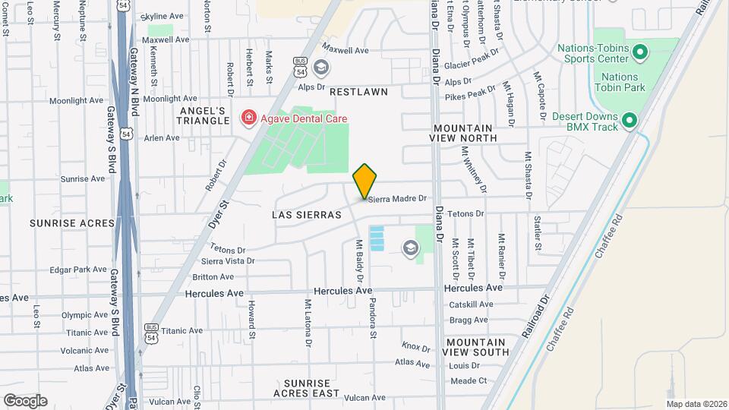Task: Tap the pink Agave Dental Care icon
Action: [x=248, y=118]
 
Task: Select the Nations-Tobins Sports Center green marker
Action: [x=639, y=52]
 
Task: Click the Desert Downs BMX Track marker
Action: [x=629, y=120]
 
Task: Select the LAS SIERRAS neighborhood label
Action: [x=307, y=215]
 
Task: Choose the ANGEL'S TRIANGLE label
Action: [x=203, y=115]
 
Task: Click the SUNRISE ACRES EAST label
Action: [x=307, y=388]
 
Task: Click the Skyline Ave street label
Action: [x=162, y=16]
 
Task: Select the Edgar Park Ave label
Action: [x=78, y=270]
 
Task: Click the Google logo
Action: [x=25, y=400]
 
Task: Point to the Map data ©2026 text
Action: [x=696, y=404]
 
